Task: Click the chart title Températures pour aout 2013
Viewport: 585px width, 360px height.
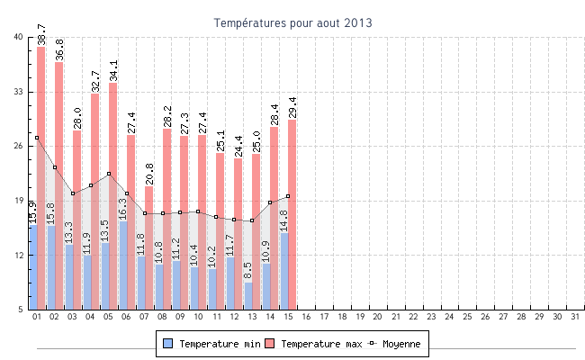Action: point(292,22)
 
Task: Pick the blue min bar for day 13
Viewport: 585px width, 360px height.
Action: point(248,296)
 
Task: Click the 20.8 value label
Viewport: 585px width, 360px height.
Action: point(149,174)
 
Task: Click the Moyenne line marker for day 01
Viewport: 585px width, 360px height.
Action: point(37,138)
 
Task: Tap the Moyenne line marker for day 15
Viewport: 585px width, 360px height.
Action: point(288,196)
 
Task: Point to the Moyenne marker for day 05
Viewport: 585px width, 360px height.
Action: point(109,174)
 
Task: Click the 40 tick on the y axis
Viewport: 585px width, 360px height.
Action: point(18,37)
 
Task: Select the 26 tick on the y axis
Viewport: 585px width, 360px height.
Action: point(18,147)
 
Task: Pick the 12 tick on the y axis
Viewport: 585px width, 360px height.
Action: point(18,256)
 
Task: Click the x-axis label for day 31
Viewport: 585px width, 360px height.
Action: point(575,318)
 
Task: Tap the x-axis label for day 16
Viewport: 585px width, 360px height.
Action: point(306,318)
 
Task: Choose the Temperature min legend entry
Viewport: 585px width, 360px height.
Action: point(211,344)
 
